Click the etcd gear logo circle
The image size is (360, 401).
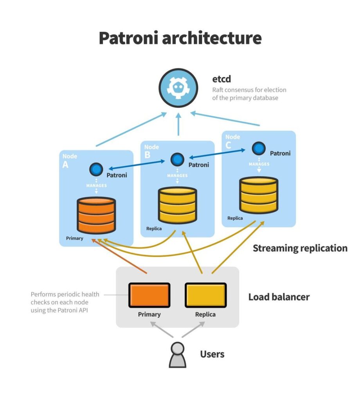(178, 88)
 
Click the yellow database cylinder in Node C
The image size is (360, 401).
(258, 195)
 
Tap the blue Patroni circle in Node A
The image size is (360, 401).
(96, 169)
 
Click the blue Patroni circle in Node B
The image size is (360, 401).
(177, 159)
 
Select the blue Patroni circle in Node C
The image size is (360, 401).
(258, 148)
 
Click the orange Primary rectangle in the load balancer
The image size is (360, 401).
(149, 295)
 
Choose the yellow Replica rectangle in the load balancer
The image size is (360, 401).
(205, 295)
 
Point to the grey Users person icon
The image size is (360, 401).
(177, 355)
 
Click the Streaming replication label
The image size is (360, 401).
(300, 248)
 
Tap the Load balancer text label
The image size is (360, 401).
(279, 297)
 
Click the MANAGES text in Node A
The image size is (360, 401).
(96, 185)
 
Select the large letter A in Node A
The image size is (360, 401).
(65, 164)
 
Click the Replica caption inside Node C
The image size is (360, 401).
(235, 218)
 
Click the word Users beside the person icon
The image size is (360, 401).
(212, 354)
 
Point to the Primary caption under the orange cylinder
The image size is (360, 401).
(74, 238)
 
